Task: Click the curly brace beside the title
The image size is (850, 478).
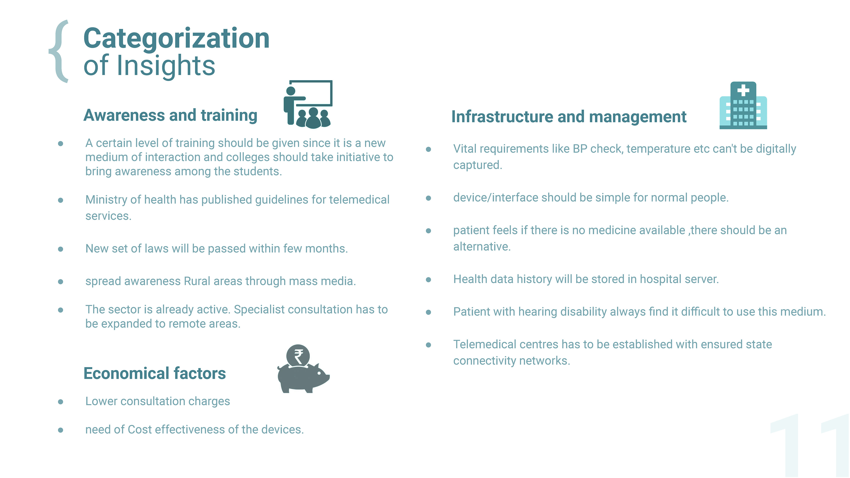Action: pyautogui.click(x=59, y=51)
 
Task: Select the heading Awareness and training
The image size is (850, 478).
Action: pyautogui.click(x=170, y=116)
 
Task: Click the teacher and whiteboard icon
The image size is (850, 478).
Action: pyautogui.click(x=307, y=104)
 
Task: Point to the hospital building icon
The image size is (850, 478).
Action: pyautogui.click(x=743, y=105)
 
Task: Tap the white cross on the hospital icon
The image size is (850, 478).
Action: pyautogui.click(x=743, y=90)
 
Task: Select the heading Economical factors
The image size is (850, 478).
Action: pyautogui.click(x=155, y=373)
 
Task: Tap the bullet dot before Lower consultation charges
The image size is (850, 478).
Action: pyautogui.click(x=60, y=402)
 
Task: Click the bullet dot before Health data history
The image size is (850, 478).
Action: pyautogui.click(x=428, y=280)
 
